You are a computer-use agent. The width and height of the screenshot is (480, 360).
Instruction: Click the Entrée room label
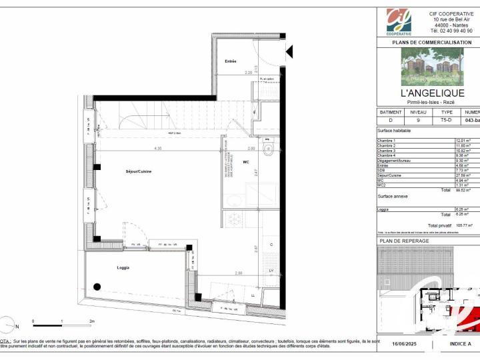[x=231, y=61]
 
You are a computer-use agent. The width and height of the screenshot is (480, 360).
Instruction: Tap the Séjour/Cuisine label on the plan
[x=139, y=171]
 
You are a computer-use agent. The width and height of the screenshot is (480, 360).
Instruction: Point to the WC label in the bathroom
[x=246, y=162]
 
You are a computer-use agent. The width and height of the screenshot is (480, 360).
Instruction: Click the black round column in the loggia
[x=97, y=287]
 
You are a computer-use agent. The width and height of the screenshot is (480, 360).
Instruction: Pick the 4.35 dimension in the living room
[x=157, y=148]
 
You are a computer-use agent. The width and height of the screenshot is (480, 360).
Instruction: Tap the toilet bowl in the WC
[x=269, y=150]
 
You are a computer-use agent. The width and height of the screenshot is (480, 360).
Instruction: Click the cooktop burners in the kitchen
[x=235, y=218]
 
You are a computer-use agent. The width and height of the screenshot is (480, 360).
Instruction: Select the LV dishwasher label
[x=271, y=271]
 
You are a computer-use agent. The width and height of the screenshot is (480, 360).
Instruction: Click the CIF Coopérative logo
[x=399, y=22]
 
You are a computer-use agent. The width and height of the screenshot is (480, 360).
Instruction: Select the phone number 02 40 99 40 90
[x=451, y=31]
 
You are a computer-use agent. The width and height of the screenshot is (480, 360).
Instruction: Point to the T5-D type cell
[x=447, y=121]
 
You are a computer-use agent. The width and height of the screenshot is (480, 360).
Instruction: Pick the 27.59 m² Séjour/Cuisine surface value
[x=463, y=175]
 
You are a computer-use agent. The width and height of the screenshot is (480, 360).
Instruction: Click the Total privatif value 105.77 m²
[x=461, y=225]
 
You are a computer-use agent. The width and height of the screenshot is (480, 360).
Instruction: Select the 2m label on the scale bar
[x=91, y=321]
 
